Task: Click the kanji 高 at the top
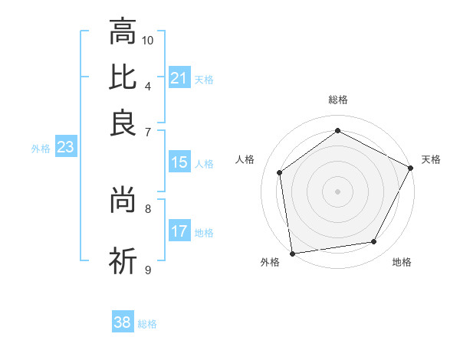click(x=123, y=32)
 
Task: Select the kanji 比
click(x=123, y=77)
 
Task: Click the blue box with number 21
click(x=179, y=78)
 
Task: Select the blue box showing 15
click(x=179, y=162)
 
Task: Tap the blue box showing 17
click(x=179, y=231)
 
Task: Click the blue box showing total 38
click(x=122, y=322)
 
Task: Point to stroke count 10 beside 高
click(x=148, y=40)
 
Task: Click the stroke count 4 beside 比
click(x=148, y=85)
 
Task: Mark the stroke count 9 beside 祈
click(x=148, y=270)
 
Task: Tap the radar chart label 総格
click(x=338, y=100)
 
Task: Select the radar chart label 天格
click(x=431, y=159)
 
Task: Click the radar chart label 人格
click(x=245, y=159)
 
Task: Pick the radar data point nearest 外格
click(x=291, y=253)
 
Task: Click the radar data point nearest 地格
click(x=374, y=242)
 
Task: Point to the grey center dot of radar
click(x=338, y=191)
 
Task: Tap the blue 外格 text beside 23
click(x=41, y=149)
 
